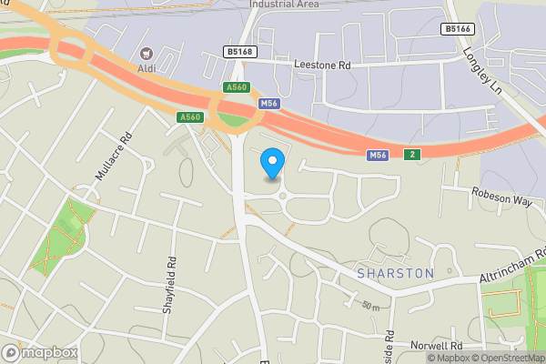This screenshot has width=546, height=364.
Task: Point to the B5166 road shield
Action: point(458,29)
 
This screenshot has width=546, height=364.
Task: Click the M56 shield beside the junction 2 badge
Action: point(379,157)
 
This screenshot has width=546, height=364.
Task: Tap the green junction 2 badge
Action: point(412,154)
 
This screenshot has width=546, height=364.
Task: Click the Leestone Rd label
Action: point(322,66)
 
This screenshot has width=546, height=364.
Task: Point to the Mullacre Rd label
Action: point(114,156)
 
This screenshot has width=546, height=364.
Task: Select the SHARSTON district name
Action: point(396,273)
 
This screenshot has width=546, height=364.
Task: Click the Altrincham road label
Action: point(511,265)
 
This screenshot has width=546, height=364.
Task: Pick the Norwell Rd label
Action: point(438,346)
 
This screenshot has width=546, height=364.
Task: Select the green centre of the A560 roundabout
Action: point(234,117)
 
